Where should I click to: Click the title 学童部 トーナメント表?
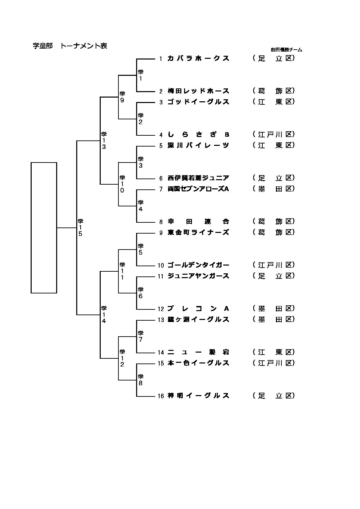[x=70, y=46]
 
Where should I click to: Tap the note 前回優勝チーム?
[x=286, y=50]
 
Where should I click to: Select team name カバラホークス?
[x=198, y=58]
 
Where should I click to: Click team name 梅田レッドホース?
[x=198, y=91]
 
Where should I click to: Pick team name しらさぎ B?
[x=198, y=135]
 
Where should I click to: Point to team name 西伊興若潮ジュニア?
[x=198, y=178]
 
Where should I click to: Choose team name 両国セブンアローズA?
[x=198, y=189]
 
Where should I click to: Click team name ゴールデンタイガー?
[x=198, y=265]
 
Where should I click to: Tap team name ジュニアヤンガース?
[x=198, y=276]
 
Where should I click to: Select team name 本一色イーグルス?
[x=198, y=363]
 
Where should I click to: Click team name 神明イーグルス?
[x=198, y=396]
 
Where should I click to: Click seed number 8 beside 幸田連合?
[x=161, y=222]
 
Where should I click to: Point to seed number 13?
[x=161, y=320]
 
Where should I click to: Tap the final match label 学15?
[x=80, y=227]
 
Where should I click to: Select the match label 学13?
[x=104, y=140]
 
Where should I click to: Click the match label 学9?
[x=122, y=97]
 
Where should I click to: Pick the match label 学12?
[x=122, y=358]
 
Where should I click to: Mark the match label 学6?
[x=141, y=293]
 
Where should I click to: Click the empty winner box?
[x=44, y=227]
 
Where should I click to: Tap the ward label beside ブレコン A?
[x=274, y=309]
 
